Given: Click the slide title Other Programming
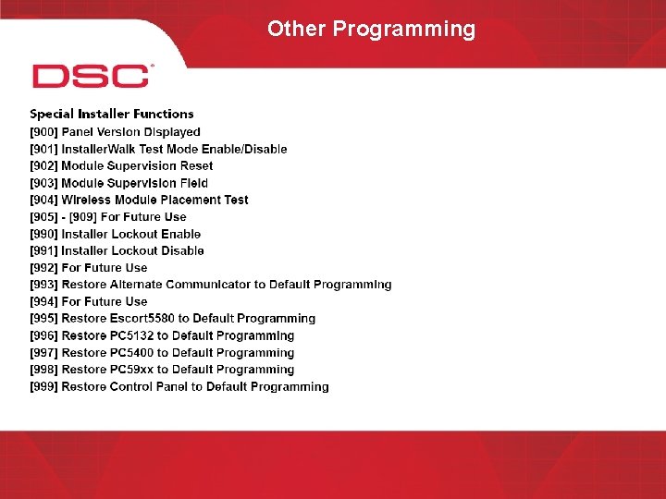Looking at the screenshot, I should click(x=371, y=29).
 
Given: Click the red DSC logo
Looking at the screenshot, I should click(x=91, y=76).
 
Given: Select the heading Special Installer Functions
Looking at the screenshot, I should click(x=112, y=115).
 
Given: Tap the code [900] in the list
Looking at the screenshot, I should click(x=43, y=132).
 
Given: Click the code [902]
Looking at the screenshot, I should click(x=43, y=166).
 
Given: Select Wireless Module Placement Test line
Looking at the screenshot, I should click(x=154, y=200).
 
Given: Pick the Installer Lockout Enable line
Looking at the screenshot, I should click(x=130, y=234).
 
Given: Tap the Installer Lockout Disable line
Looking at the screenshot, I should click(x=132, y=250).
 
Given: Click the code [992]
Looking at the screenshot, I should click(x=43, y=268).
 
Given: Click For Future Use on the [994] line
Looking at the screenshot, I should click(x=104, y=301).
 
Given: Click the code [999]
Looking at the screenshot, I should click(x=43, y=387).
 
